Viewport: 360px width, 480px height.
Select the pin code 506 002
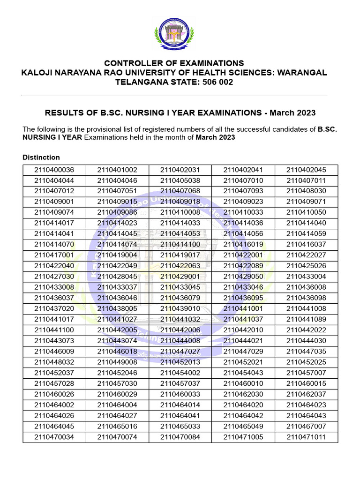[217, 82]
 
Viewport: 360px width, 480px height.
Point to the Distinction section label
[41, 157]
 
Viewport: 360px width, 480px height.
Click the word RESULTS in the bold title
[63, 113]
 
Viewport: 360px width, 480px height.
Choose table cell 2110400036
[54, 170]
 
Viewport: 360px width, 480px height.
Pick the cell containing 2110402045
[306, 170]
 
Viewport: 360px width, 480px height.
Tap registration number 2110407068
[180, 191]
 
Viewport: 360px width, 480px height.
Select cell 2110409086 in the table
[117, 212]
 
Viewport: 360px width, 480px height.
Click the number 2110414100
[180, 244]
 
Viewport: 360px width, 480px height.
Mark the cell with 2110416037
[306, 244]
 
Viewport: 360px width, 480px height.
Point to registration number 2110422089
[243, 266]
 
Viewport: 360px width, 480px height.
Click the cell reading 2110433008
[54, 287]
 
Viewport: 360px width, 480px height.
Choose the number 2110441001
[243, 308]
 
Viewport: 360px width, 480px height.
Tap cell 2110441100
[54, 330]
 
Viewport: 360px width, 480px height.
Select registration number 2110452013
[180, 362]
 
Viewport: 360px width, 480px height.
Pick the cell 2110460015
[306, 383]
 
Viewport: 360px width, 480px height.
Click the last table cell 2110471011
[306, 437]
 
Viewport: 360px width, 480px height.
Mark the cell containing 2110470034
[54, 437]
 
